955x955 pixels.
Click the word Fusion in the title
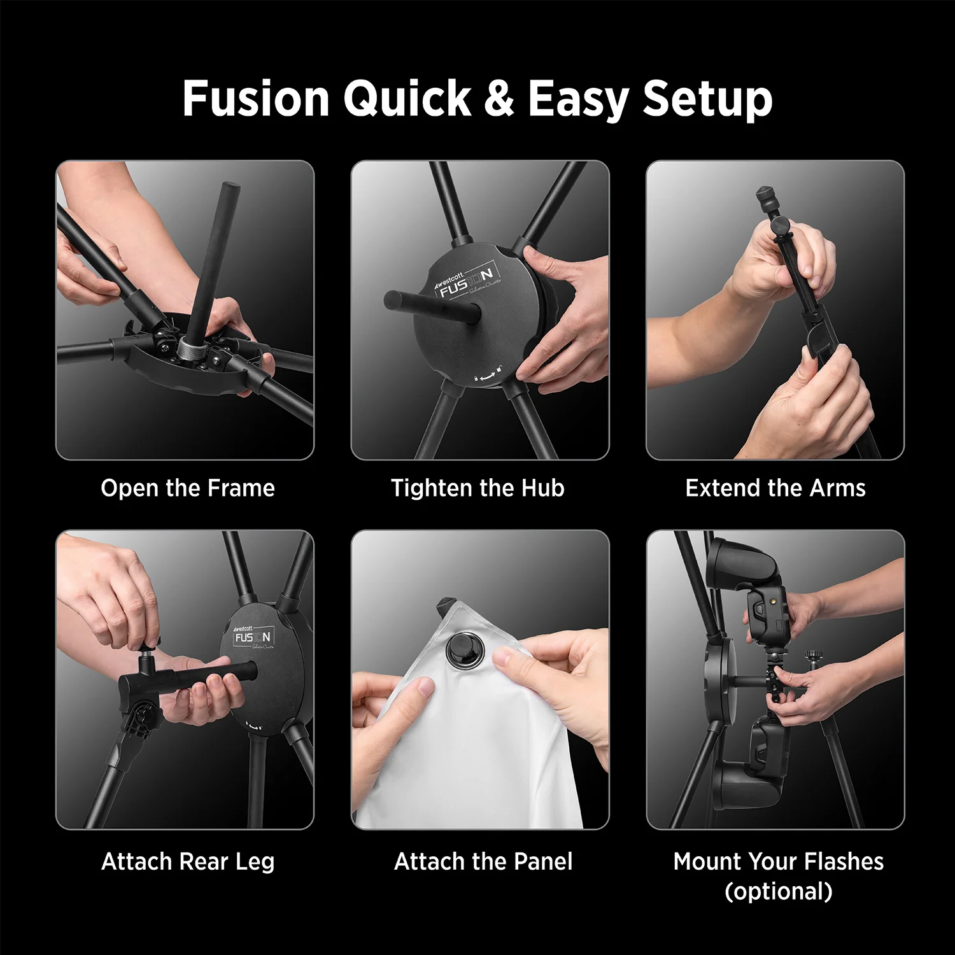pos(256,99)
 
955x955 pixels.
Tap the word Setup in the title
pos(707,101)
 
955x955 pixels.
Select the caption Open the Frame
pos(188,488)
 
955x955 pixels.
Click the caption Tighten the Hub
pos(478,488)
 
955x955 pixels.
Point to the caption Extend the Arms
pos(775,488)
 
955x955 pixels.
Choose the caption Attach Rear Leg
pos(188,861)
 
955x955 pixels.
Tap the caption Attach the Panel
pos(483,861)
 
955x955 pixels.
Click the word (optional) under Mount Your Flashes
pos(778,891)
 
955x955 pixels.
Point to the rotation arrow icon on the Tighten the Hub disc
pos(488,376)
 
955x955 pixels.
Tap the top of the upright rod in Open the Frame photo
pos(229,188)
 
